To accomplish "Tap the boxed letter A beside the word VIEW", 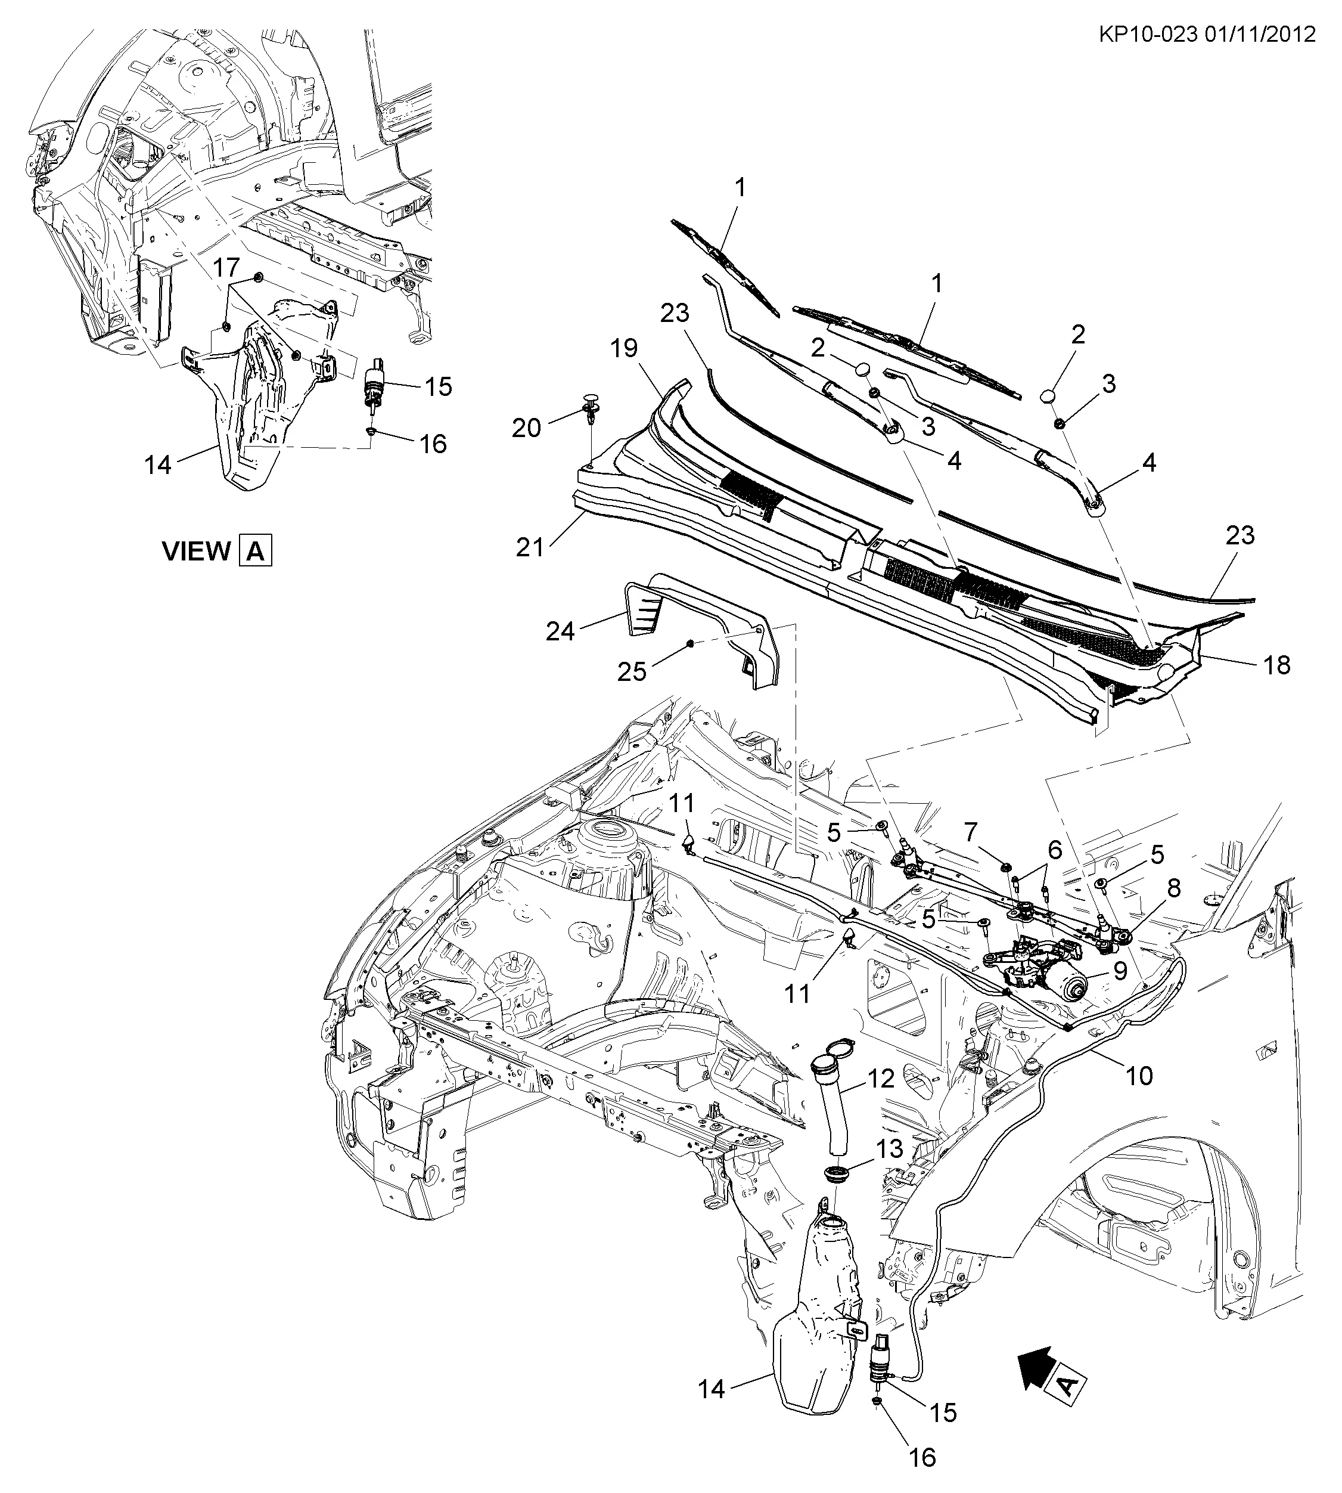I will [255, 551].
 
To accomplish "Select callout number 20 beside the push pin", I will [526, 428].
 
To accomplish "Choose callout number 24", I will [560, 631].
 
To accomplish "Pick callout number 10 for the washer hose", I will [1139, 1076].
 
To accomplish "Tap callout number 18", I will [1277, 665].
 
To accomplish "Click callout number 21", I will [529, 547].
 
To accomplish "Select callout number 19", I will [624, 348].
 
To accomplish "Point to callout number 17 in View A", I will [226, 267].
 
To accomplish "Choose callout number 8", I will [1174, 888].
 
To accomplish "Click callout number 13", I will [889, 1148].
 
